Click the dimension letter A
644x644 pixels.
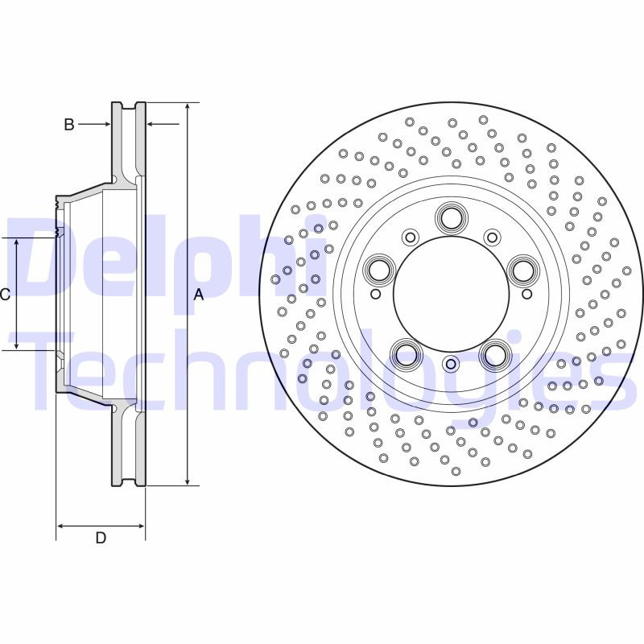click(199, 295)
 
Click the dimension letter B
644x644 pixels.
click(69, 124)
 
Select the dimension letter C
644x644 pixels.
click(4, 295)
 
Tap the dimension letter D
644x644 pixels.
click(101, 539)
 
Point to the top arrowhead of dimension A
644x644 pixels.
click(188, 107)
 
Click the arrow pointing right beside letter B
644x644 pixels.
click(105, 124)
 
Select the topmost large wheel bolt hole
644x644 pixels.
click(451, 217)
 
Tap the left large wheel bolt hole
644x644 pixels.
click(378, 269)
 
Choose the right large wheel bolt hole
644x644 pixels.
click(523, 269)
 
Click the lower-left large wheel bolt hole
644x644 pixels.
click(406, 354)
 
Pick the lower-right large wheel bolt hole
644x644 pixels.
click(495, 354)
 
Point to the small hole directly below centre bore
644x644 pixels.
click(451, 364)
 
